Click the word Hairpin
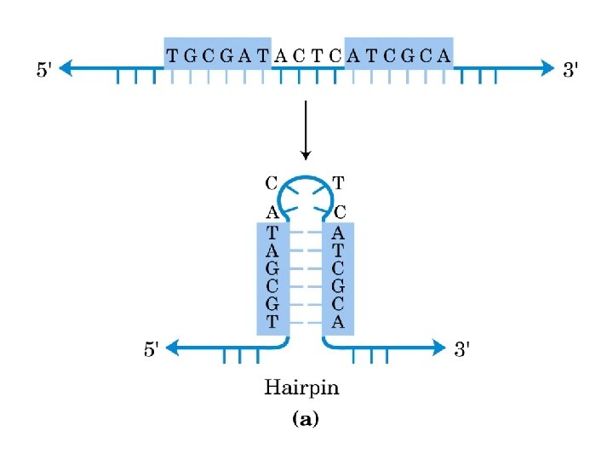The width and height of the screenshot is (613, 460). tap(301, 388)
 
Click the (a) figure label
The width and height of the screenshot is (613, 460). tap(305, 420)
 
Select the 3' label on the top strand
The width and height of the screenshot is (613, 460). tap(572, 70)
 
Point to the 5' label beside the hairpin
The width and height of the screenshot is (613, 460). tap(151, 348)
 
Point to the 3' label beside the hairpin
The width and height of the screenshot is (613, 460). tap(463, 348)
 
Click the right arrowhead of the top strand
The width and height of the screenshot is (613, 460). tap(547, 70)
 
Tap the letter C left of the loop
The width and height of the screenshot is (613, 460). tap(272, 182)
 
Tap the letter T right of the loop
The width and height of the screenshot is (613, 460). tap(338, 182)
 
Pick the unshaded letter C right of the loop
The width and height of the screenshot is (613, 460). tap(338, 211)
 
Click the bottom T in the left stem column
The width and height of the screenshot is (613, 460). tap(272, 321)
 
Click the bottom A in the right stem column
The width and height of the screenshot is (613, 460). tap(338, 321)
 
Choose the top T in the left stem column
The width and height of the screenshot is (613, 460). tap(272, 231)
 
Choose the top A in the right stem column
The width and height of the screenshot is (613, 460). tap(338, 231)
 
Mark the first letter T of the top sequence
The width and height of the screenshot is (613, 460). tap(173, 56)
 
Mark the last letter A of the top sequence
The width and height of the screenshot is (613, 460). tap(444, 56)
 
